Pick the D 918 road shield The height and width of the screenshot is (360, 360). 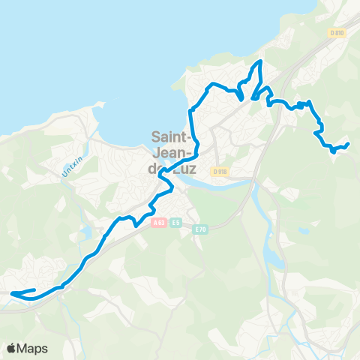tap(219, 172)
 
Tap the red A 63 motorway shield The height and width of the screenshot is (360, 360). tap(158, 222)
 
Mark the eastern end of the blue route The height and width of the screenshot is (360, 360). tap(349, 143)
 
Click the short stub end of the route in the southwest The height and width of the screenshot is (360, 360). tap(34, 290)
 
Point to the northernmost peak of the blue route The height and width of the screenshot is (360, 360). tap(260, 61)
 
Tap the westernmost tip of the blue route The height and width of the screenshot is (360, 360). tap(13, 295)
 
